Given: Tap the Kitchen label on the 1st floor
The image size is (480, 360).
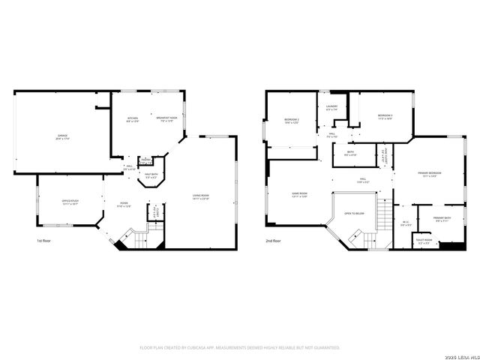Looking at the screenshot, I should click(x=132, y=118).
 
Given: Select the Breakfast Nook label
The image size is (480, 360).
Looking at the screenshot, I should click(x=166, y=118).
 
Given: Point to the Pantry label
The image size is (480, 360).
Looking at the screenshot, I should click(x=146, y=160).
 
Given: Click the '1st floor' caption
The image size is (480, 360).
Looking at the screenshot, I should click(x=44, y=241).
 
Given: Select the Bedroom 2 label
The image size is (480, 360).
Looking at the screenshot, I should click(x=291, y=120).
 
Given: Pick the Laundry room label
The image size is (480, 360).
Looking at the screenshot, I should click(x=331, y=106).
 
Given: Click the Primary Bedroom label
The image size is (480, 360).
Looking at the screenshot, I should click(x=430, y=173).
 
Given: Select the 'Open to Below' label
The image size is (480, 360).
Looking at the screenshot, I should click(x=354, y=213).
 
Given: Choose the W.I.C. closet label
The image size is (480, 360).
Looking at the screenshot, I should click(x=405, y=222).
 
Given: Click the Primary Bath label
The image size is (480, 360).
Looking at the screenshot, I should click(x=440, y=219).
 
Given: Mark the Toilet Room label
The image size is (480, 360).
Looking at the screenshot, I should click(x=424, y=241).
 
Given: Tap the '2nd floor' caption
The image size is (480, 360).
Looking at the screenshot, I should click(x=274, y=241).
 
